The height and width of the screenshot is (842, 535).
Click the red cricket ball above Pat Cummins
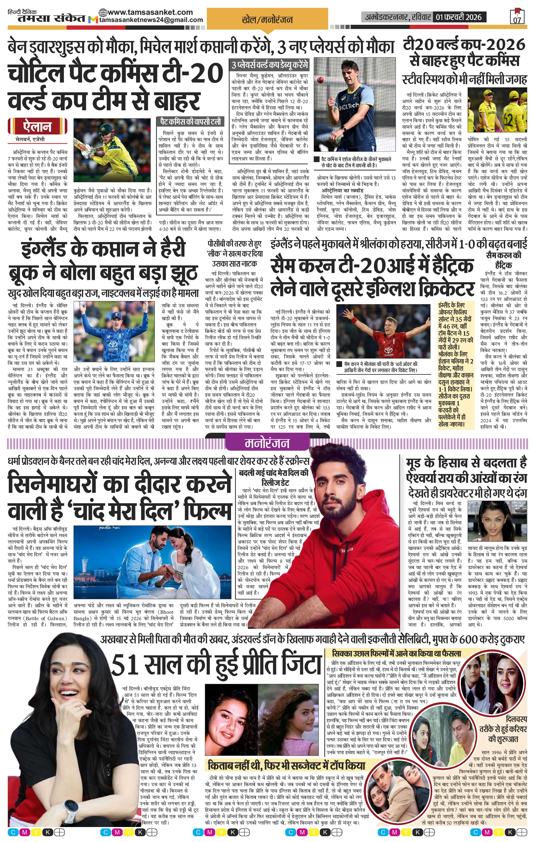(x=319, y=81)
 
